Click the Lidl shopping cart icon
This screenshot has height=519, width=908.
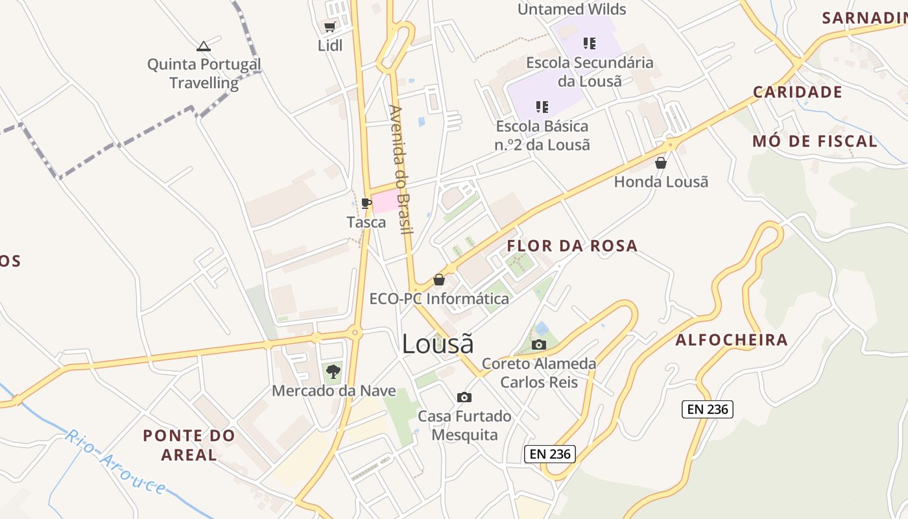pos(329,27)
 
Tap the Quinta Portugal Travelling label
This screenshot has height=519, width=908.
pos(204,73)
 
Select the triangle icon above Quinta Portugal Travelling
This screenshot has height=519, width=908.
pos(204,46)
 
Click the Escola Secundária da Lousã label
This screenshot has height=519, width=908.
pos(590,71)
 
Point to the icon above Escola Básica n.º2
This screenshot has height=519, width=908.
pos(542,106)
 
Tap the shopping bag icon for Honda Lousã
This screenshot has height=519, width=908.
pos(661,163)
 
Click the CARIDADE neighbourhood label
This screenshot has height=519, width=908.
pos(797,92)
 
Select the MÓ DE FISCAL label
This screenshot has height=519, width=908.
pos(815,141)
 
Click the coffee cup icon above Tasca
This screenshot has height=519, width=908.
pos(366,203)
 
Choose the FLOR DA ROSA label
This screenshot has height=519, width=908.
pos(572,246)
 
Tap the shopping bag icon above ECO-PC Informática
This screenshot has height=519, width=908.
pos(439,280)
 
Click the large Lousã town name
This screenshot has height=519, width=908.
pos(438,344)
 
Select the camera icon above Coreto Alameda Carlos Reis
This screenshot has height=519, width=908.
pos(538,344)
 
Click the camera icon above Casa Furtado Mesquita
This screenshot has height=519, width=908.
pos(464,397)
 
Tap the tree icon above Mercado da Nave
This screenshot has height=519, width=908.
pos(333,372)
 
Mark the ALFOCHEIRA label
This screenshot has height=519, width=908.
pos(732,340)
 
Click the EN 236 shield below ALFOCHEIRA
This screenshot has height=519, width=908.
pos(707,409)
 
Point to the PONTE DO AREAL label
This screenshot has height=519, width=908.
pos(188,445)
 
